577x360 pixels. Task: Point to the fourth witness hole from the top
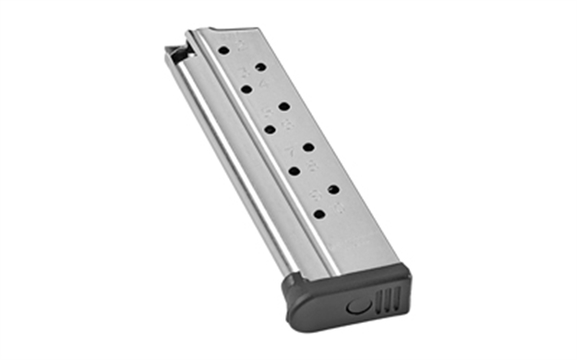pos(283,106)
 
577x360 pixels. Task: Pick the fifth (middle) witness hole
pos(270,129)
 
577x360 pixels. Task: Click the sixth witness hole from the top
pos(307,146)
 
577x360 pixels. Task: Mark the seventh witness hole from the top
pos(294,171)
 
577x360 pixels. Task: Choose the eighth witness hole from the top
pos(332,188)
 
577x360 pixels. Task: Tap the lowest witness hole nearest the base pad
pos(319,214)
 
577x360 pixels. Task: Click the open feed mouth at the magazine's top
pos(175,50)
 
